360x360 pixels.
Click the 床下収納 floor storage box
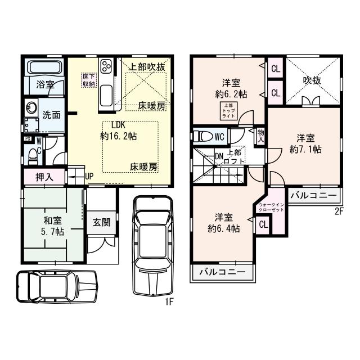[x=89, y=80]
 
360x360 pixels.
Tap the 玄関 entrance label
[x=102, y=222]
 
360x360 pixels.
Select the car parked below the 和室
[x=56, y=287]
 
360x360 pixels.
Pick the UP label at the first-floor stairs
[x=89, y=176]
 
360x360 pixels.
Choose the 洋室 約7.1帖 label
[x=306, y=143]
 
